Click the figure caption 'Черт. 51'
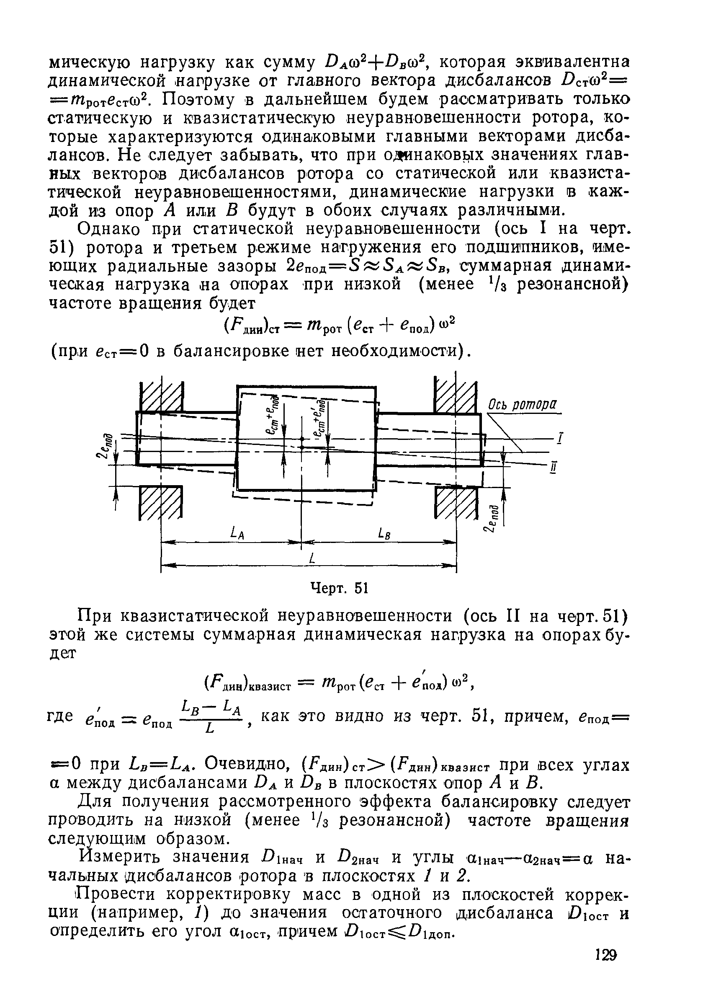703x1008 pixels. point(338,588)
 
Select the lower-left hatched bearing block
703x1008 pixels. point(161,502)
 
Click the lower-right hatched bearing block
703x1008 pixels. point(456,502)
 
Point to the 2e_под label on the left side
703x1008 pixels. point(106,446)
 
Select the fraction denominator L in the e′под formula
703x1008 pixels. point(210,730)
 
